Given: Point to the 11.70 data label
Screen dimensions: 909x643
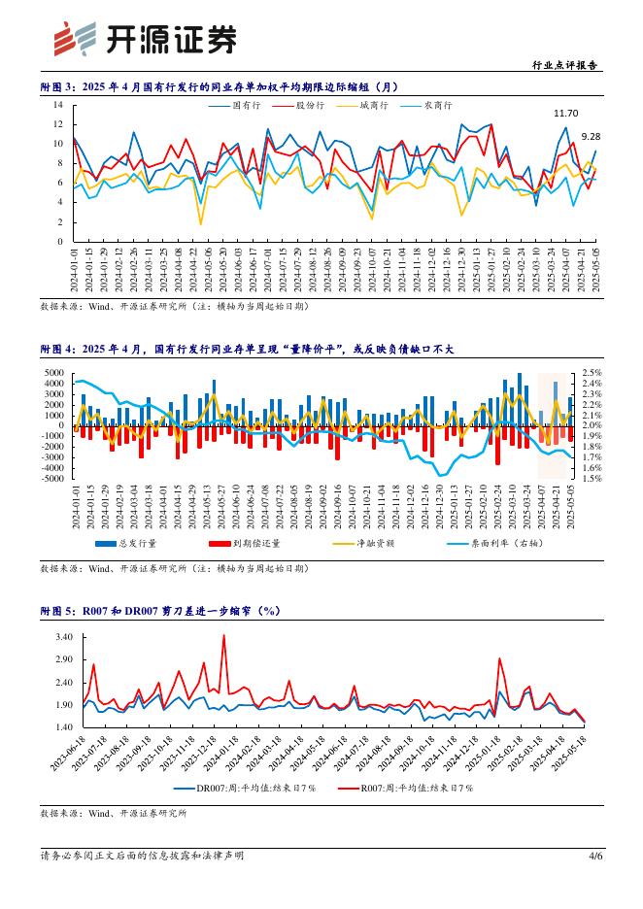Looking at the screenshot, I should [x=565, y=114].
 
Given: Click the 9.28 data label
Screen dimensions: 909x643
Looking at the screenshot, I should [x=591, y=137].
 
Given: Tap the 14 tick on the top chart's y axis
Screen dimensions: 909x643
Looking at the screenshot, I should [x=58, y=104].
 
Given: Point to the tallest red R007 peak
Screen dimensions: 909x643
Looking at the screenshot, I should [x=224, y=636].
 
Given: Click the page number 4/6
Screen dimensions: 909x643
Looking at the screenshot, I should [x=595, y=856].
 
